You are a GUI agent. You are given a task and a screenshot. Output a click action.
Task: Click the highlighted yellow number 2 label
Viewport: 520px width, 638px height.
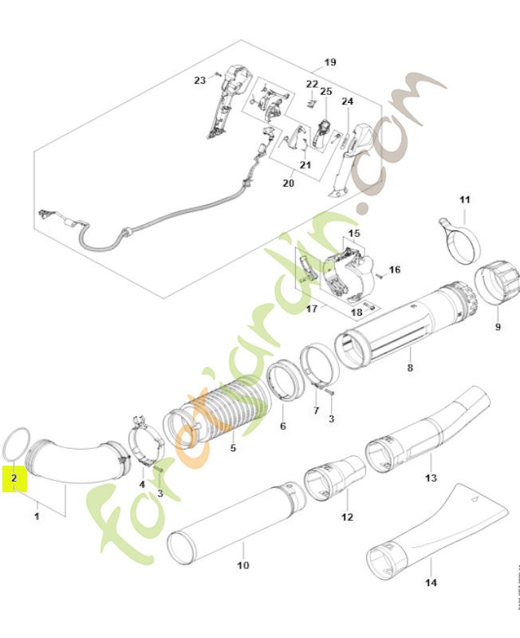tap(14, 479)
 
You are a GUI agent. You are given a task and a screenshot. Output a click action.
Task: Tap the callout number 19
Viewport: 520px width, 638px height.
tap(330, 62)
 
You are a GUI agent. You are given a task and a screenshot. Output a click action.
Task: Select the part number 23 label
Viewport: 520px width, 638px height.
tap(200, 79)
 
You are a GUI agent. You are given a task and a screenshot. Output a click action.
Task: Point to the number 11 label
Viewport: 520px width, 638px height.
tap(465, 199)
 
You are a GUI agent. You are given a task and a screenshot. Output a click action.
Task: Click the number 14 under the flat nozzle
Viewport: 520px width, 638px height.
tap(430, 582)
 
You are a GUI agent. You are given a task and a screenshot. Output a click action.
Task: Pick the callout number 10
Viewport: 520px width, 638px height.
tap(242, 565)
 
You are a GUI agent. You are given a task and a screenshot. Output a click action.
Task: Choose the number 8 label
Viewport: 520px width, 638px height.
tap(409, 368)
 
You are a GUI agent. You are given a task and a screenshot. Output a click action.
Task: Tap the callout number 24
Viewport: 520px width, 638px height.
tap(347, 101)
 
